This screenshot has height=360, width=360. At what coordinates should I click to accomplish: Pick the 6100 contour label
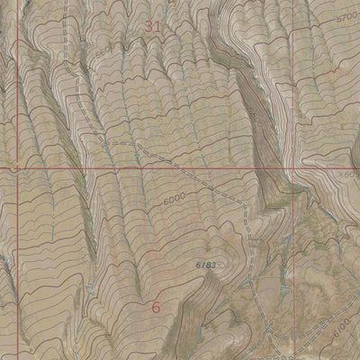339,333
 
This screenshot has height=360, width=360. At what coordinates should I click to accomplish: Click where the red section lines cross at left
16,167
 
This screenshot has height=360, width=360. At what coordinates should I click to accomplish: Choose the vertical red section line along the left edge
15,252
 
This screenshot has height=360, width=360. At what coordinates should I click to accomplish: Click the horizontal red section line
90,167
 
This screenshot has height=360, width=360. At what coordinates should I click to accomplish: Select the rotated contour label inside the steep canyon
256,117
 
